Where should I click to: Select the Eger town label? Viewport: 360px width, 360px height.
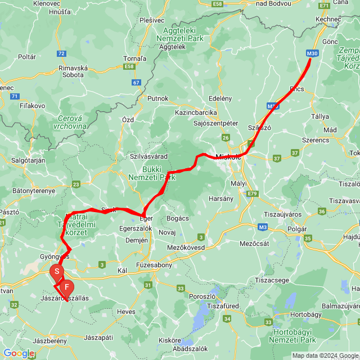(146, 218)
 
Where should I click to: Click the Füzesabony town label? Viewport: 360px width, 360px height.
(153, 265)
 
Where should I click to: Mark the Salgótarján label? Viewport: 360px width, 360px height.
(28, 160)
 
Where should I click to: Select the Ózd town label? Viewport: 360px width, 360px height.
(128, 120)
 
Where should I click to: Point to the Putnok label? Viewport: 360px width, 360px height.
(157, 98)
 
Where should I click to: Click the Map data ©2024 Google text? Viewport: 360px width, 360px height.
(325, 355)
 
